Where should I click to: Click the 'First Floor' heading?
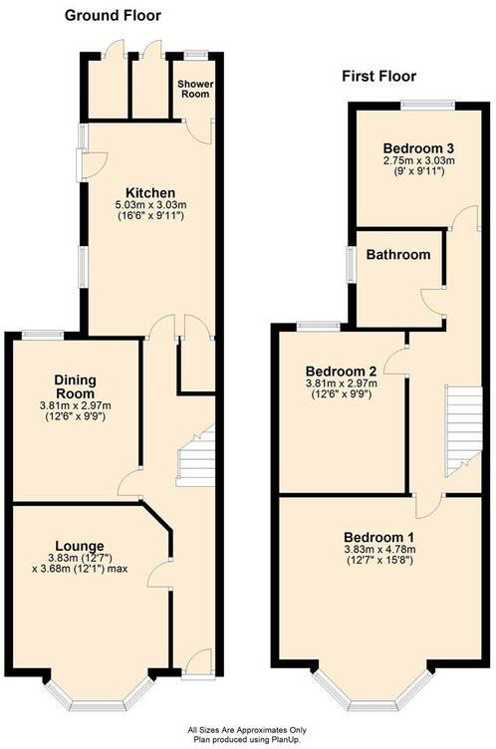pos(378,76)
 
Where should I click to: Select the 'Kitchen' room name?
pos(150,193)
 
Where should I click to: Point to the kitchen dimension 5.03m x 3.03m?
pos(150,206)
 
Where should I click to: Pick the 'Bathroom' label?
pos(398,255)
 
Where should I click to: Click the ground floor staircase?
pos(196,454)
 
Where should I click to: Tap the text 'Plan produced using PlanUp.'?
pos(247,739)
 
